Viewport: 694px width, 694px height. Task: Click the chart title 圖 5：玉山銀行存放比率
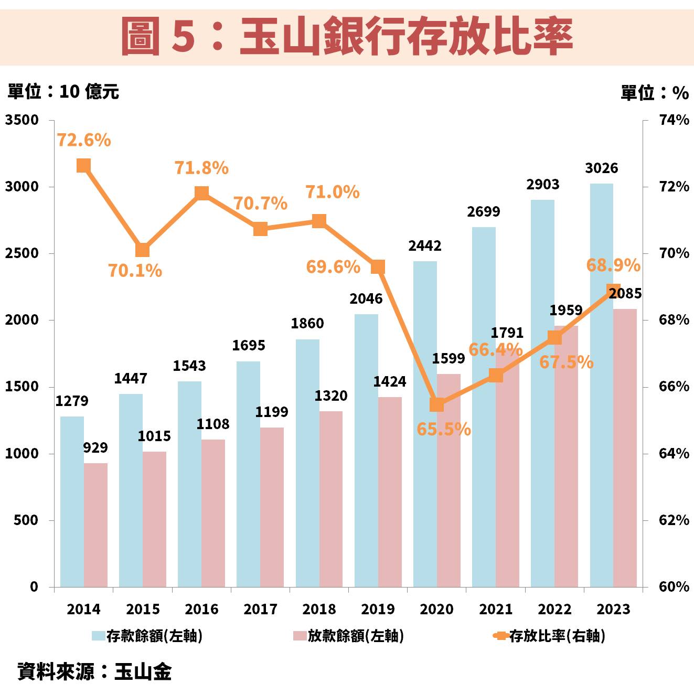(347, 36)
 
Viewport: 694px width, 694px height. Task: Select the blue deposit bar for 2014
(72, 501)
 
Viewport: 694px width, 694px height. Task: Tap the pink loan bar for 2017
(272, 507)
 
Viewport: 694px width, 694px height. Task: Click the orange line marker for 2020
(437, 404)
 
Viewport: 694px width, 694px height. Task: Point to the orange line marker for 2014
(84, 166)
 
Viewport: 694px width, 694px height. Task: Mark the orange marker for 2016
(201, 193)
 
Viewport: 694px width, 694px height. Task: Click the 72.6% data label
(84, 140)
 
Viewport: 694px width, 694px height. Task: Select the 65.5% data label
(444, 429)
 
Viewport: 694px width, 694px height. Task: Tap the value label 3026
(601, 168)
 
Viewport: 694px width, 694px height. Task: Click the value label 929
(95, 448)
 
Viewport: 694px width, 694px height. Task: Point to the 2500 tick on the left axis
(22, 253)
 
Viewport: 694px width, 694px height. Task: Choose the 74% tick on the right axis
(674, 120)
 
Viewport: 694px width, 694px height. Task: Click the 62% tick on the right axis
(674, 520)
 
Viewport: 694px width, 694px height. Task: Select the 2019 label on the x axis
(378, 609)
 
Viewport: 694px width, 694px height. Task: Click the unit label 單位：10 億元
(63, 92)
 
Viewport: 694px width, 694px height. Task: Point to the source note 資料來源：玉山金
(94, 671)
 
